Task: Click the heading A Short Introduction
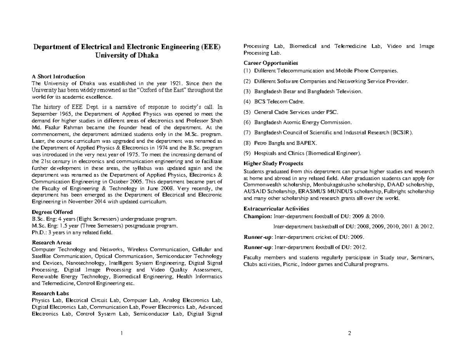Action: [x=58, y=77]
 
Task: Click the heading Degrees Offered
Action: [x=52, y=212]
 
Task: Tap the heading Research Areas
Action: [x=51, y=243]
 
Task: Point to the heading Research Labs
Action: [x=50, y=294]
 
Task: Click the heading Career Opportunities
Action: [x=271, y=63]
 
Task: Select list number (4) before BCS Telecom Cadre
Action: [x=247, y=102]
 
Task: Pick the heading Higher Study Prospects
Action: [x=273, y=163]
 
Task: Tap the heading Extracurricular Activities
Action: [x=276, y=209]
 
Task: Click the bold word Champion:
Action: [x=258, y=216]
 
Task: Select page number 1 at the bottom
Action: [x=122, y=333]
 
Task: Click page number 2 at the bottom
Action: [x=350, y=333]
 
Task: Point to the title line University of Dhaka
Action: [x=127, y=56]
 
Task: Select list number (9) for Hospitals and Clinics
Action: [x=247, y=153]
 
